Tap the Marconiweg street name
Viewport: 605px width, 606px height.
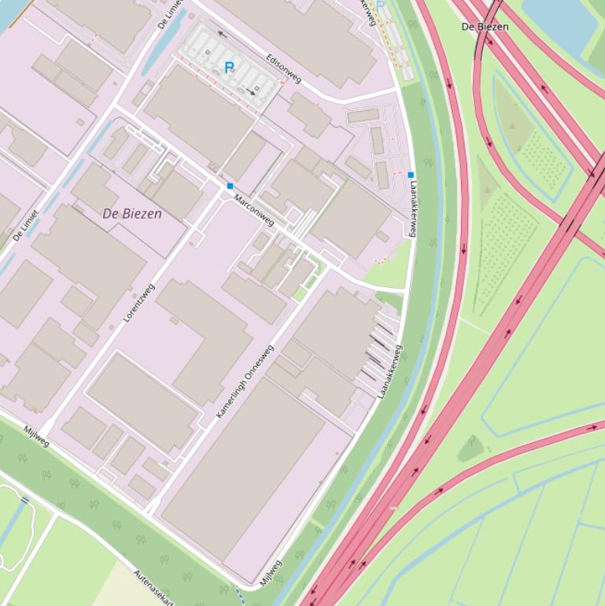[x=254, y=210]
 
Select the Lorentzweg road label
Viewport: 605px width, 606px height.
[x=139, y=303]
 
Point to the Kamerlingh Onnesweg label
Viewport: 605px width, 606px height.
[x=245, y=382]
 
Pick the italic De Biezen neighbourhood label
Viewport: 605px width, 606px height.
[x=132, y=213]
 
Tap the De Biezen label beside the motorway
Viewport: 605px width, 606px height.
[x=485, y=27]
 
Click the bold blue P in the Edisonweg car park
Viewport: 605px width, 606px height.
[x=230, y=68]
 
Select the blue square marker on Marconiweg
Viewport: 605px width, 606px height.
[x=230, y=186]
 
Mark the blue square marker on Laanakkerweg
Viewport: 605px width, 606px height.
[x=411, y=175]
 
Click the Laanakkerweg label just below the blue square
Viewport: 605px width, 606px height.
[x=412, y=209]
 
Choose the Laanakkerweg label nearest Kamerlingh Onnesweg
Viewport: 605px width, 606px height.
[x=389, y=371]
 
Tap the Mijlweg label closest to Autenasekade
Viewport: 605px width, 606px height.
[x=271, y=572]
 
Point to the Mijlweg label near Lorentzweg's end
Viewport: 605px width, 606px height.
[x=36, y=436]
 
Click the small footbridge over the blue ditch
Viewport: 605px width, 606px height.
[x=24, y=500]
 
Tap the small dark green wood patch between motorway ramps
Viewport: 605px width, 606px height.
[x=470, y=449]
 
